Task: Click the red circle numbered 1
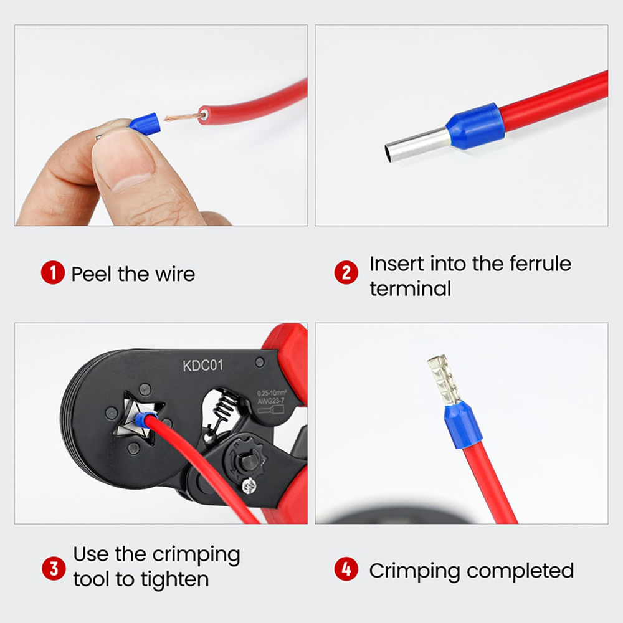click(53, 273)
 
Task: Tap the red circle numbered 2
click(346, 273)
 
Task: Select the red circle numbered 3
click(53, 568)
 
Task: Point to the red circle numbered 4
click(346, 570)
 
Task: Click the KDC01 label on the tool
click(202, 365)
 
